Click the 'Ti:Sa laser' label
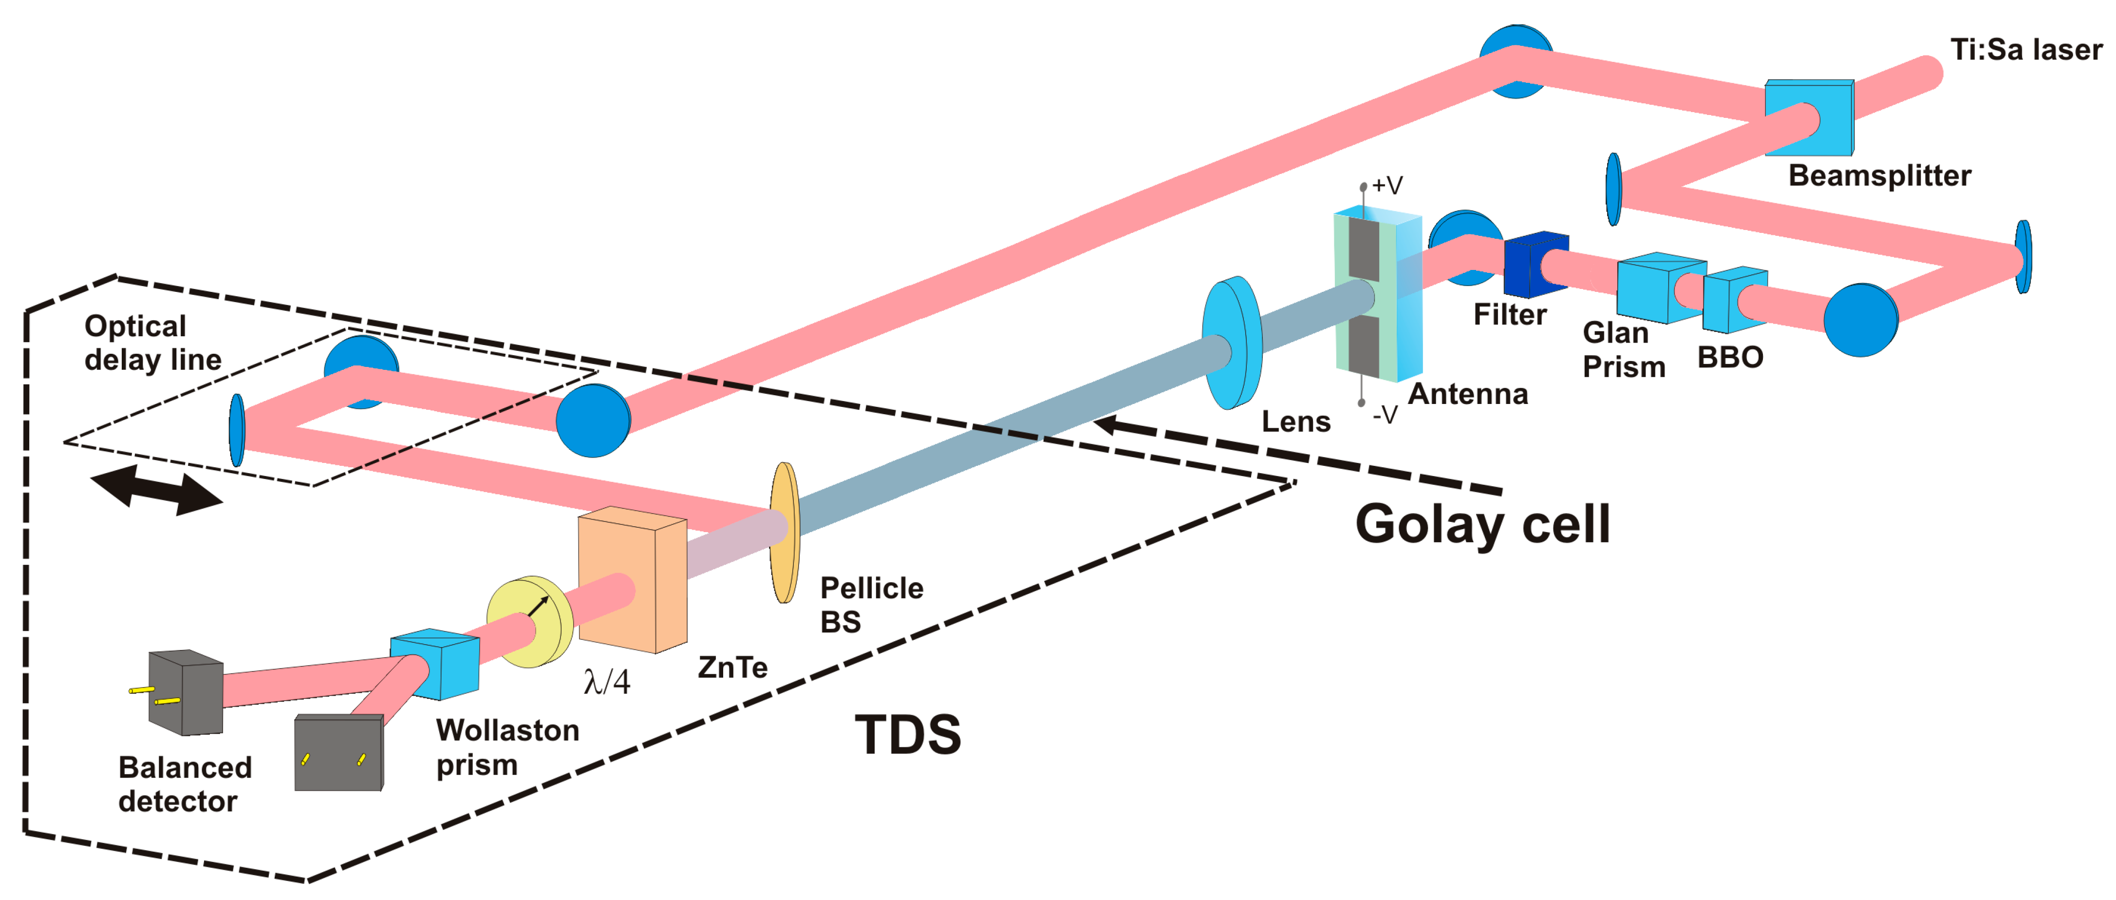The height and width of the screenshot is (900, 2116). [2025, 50]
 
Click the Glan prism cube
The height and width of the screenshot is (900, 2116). [1659, 287]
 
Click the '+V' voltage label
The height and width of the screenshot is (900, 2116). [1386, 186]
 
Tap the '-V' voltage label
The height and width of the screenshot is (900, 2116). [1385, 415]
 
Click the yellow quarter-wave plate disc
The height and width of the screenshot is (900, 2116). [529, 621]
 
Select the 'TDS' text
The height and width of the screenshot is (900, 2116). [908, 734]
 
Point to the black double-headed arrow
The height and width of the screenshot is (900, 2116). [155, 491]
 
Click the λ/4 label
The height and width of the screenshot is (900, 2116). [606, 681]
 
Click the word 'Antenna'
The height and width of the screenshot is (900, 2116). [1468, 395]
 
